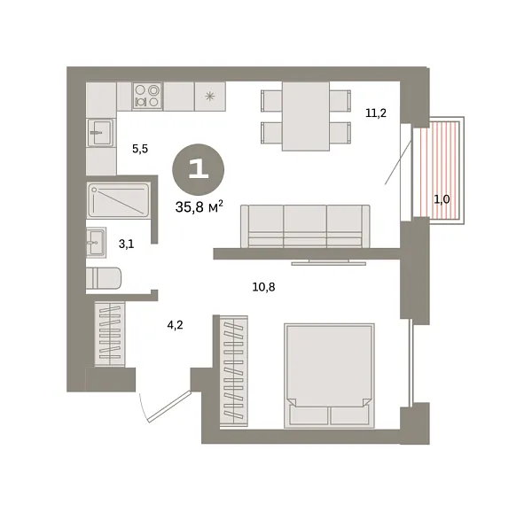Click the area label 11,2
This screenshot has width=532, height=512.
(376, 112)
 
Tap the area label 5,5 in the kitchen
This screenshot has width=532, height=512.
(140, 150)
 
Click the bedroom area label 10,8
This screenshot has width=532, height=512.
(263, 286)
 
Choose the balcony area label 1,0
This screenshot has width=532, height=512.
(442, 199)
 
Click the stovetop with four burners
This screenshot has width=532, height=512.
(147, 96)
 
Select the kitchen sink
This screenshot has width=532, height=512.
(101, 136)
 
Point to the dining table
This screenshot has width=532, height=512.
(304, 115)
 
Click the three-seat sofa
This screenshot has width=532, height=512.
(306, 226)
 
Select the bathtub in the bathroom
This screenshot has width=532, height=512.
(118, 199)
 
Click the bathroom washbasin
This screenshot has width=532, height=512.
(97, 240)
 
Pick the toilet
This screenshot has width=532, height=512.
(106, 277)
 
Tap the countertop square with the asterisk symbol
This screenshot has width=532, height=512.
(210, 96)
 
